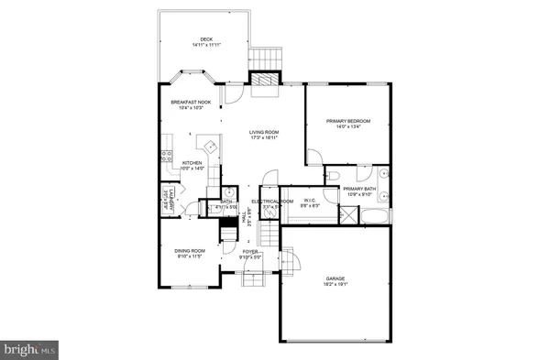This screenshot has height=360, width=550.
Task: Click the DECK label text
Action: click(207, 38)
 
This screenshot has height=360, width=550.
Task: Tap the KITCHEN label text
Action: click(192, 163)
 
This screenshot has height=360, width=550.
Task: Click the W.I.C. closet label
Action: click(311, 200)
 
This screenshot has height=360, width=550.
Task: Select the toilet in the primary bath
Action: click(335, 173)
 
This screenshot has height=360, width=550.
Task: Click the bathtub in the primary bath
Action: click(376, 216)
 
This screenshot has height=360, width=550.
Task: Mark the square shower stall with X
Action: click(348, 215)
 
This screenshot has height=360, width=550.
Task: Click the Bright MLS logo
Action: click(30, 349)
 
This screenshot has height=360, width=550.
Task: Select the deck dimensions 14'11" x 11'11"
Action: click(207, 44)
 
